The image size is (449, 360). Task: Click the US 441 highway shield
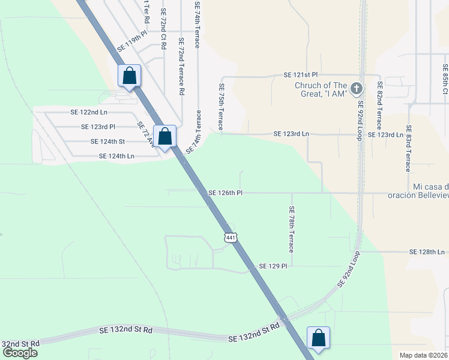(x=231, y=237)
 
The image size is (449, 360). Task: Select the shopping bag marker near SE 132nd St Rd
(x=318, y=338)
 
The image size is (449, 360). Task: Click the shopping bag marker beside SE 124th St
(x=165, y=136)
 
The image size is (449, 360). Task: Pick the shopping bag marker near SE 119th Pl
(x=129, y=76)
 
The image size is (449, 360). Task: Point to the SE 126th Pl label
(x=225, y=193)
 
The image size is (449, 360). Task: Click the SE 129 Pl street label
(x=274, y=266)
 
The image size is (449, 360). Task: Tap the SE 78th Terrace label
(x=291, y=229)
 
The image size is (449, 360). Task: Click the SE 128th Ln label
(x=427, y=252)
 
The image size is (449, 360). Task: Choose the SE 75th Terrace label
(x=220, y=107)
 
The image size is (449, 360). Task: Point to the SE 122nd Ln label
(x=89, y=112)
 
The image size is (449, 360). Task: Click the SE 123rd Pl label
(x=98, y=127)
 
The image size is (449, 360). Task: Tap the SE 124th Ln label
(x=116, y=156)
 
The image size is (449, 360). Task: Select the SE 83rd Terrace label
(x=408, y=149)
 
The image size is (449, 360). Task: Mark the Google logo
(x=20, y=353)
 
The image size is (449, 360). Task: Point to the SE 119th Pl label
(x=132, y=46)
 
